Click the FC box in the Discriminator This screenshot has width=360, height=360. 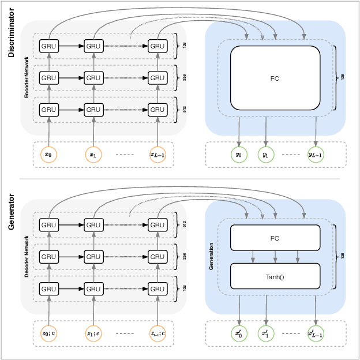pyautogui.click(x=275, y=77)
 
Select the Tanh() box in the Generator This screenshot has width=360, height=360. pyautogui.click(x=275, y=276)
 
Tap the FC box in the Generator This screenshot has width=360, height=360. pyautogui.click(x=275, y=238)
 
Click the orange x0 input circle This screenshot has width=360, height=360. pyautogui.click(x=49, y=155)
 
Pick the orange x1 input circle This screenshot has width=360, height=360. pyautogui.click(x=93, y=155)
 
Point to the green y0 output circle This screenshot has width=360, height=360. pyautogui.click(x=239, y=155)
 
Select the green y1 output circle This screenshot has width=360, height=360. pyautogui.click(x=265, y=155)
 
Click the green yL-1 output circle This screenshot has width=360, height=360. pyautogui.click(x=316, y=155)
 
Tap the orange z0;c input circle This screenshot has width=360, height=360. pyautogui.click(x=49, y=333)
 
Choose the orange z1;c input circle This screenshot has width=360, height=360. pyautogui.click(x=93, y=333)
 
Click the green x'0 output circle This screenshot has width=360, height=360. pyautogui.click(x=239, y=333)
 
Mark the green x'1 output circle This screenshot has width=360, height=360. pyautogui.click(x=265, y=333)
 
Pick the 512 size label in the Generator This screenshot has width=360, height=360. pyautogui.click(x=185, y=224)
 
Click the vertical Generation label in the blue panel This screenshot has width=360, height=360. pyautogui.click(x=211, y=257)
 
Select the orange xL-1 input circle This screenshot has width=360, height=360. pyautogui.click(x=157, y=155)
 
